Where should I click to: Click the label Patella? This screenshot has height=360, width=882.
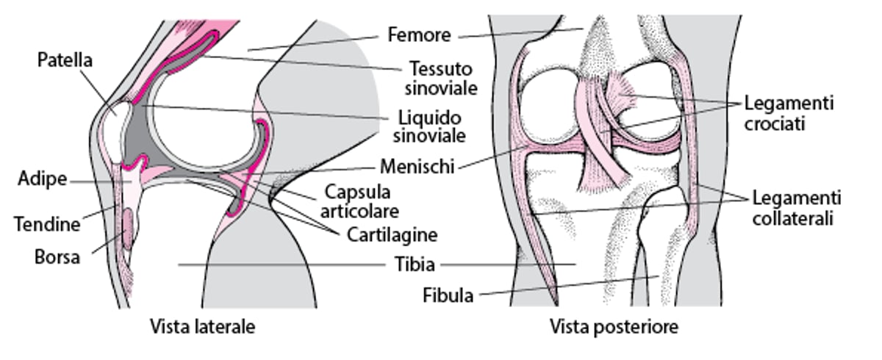click(x=65, y=60)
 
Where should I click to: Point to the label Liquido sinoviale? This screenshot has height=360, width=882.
click(x=429, y=126)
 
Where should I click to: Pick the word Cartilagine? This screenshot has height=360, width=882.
click(x=383, y=235)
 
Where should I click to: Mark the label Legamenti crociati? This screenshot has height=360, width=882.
click(x=789, y=113)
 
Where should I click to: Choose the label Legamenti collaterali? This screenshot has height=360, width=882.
click(x=797, y=208)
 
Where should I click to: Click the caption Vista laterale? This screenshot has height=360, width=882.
click(x=202, y=327)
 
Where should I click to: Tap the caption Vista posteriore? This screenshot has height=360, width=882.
click(x=614, y=327)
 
